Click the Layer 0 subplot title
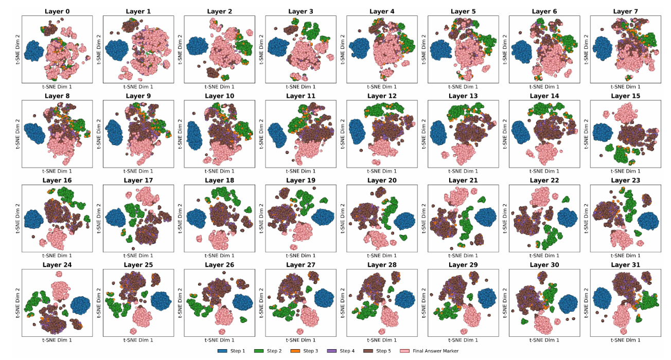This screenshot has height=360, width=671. point(57,11)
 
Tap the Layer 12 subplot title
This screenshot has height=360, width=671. point(382,96)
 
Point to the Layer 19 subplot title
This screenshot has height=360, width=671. point(301,181)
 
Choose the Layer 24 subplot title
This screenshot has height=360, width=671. point(57,265)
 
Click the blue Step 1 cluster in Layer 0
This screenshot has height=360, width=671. point(35,51)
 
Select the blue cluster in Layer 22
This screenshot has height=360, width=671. point(567,218)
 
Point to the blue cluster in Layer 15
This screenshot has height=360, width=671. point(602,133)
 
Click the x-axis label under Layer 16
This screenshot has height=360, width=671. point(57,256)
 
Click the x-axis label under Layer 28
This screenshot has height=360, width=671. point(382,340)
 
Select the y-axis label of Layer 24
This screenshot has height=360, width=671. point(17,303)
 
